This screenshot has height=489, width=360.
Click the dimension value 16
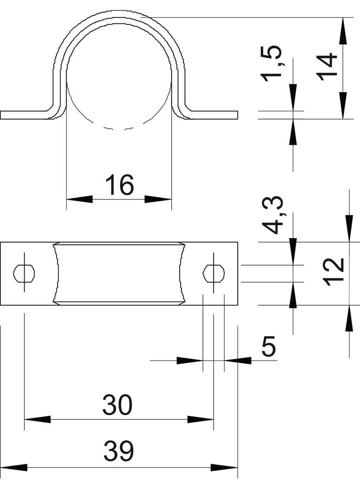click(x=119, y=185)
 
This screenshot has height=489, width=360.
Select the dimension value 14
click(x=326, y=67)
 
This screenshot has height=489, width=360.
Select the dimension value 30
click(x=118, y=405)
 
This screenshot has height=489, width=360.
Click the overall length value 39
click(x=118, y=451)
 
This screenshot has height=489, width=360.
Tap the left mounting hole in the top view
click(x=24, y=273)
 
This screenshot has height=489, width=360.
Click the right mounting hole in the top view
click(x=214, y=273)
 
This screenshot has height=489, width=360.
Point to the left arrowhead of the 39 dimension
click(x=14, y=468)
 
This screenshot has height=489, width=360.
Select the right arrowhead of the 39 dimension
click(x=224, y=468)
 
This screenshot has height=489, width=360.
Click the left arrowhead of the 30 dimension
click(x=38, y=419)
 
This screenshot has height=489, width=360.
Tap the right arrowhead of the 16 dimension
click(x=158, y=199)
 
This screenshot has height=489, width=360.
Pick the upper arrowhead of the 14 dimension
click(x=343, y=31)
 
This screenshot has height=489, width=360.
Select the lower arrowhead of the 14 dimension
click(x=343, y=106)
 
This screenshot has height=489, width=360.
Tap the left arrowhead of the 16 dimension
click(x=80, y=199)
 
